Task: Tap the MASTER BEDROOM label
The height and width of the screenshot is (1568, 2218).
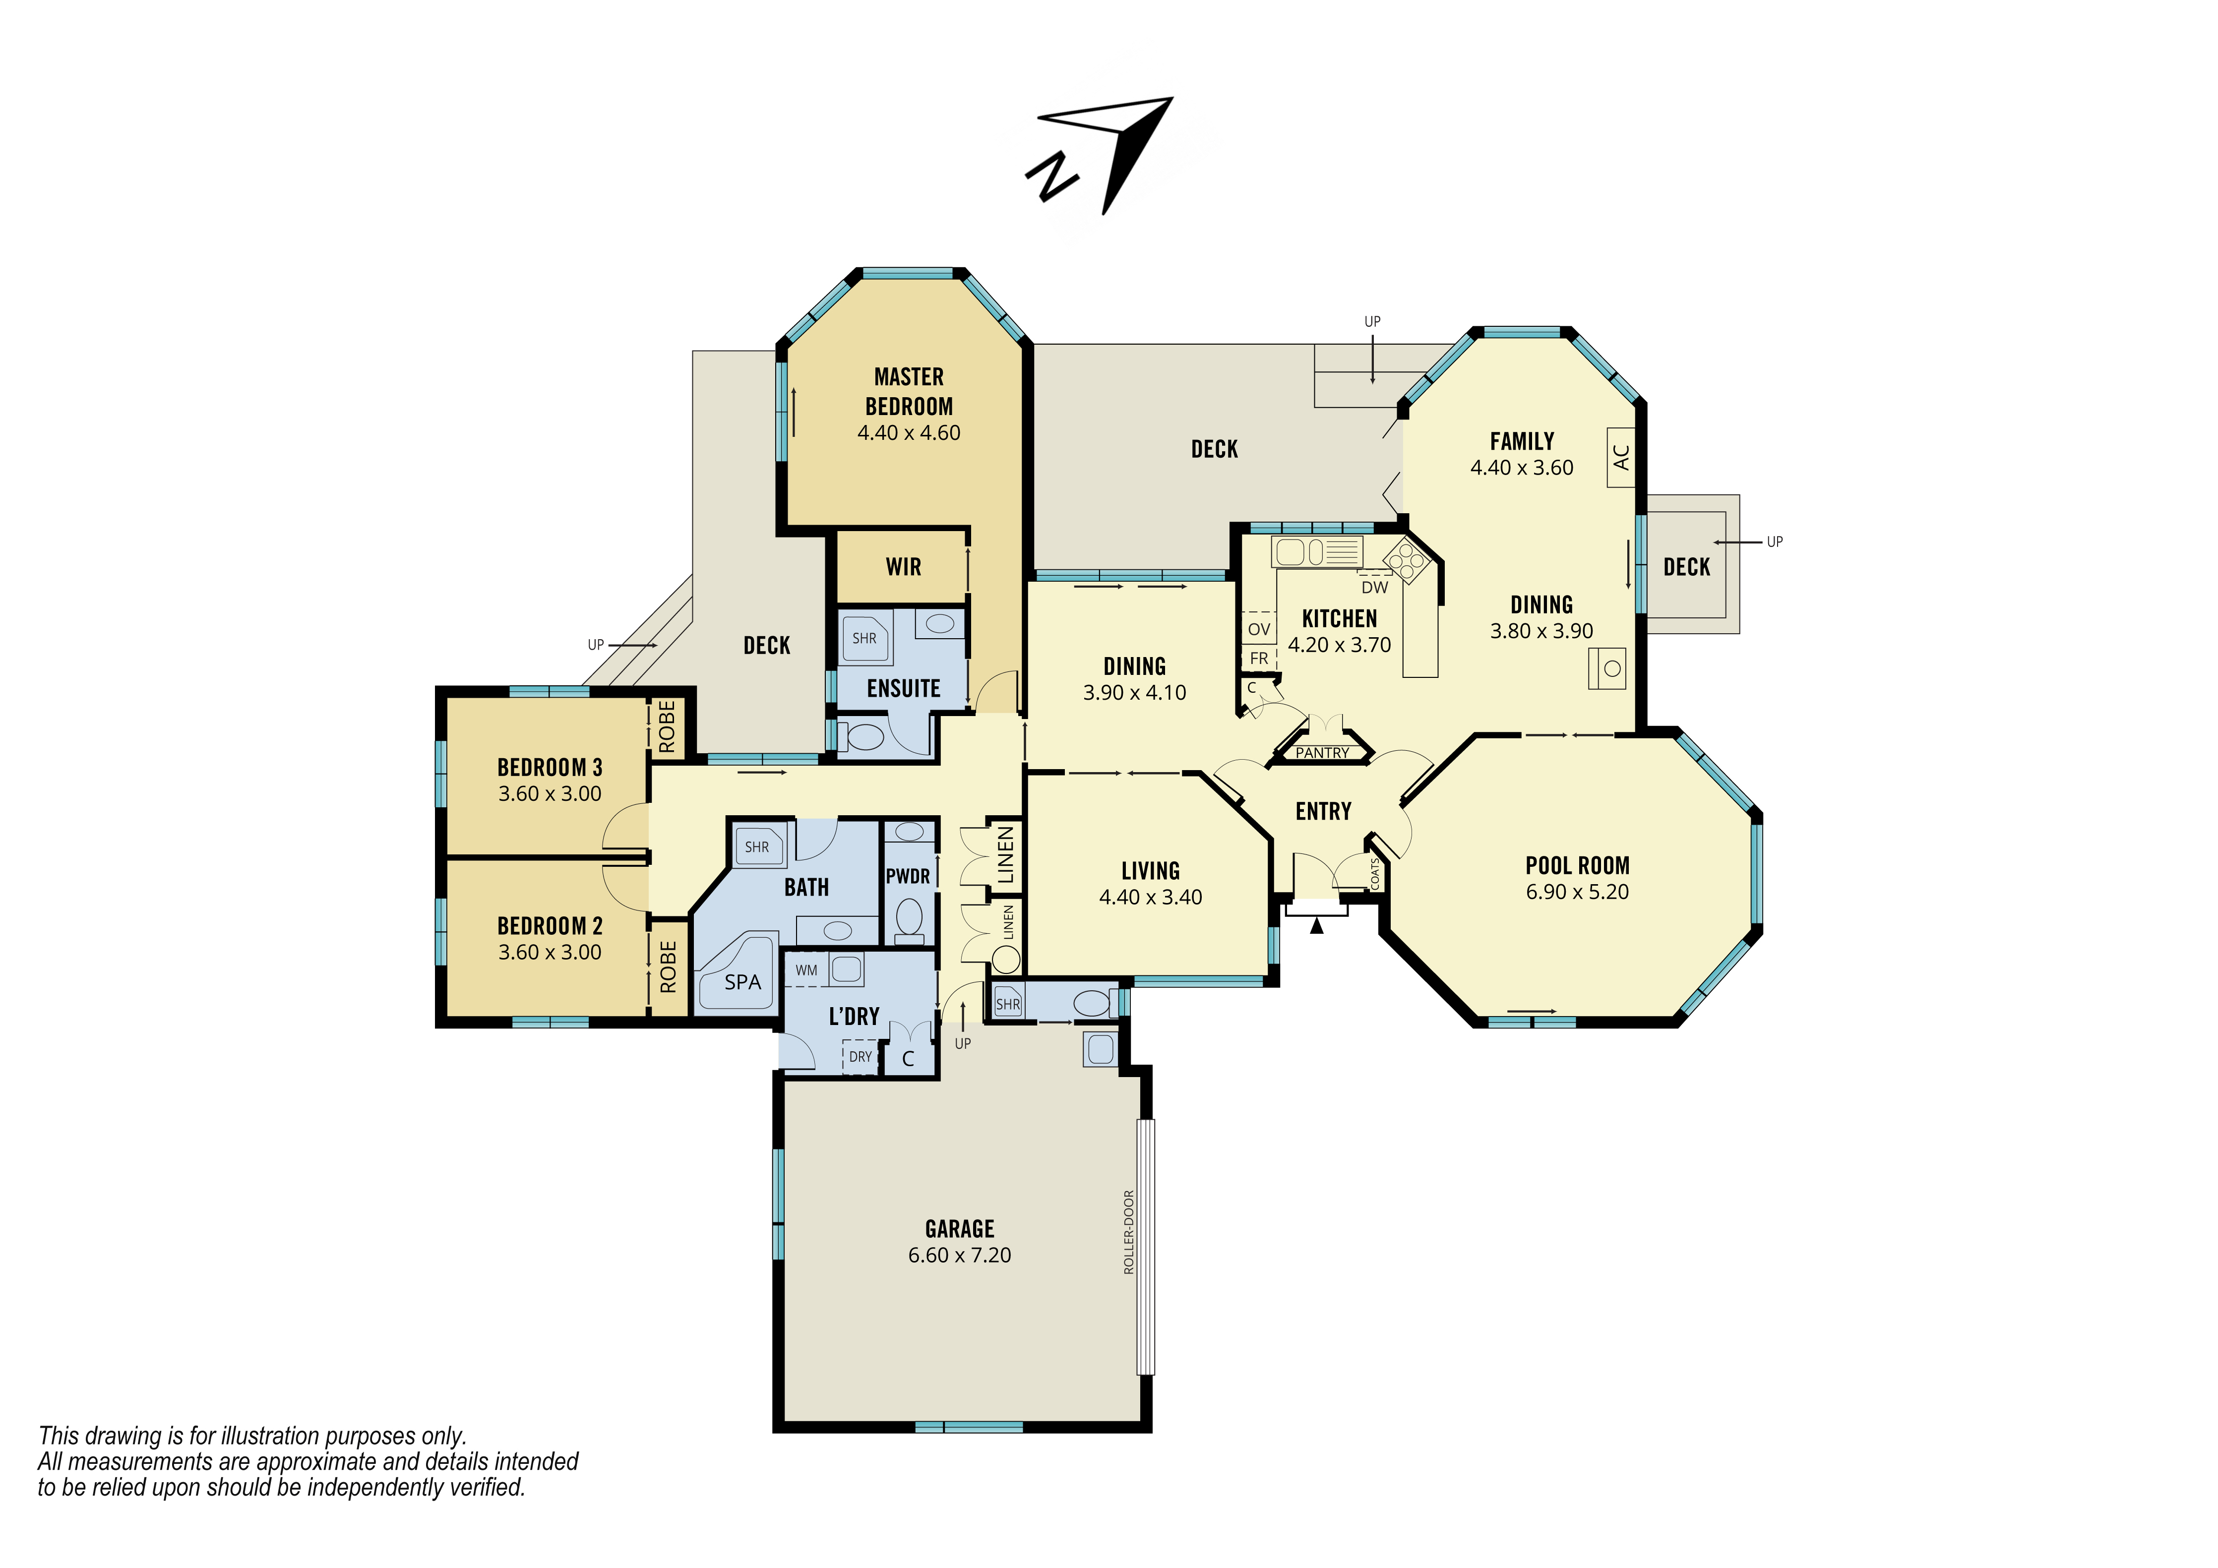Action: click(x=909, y=391)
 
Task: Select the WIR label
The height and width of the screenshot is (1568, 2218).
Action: click(x=903, y=567)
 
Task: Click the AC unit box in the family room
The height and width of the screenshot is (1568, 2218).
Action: click(x=1621, y=457)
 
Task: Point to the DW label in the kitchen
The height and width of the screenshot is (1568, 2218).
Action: click(x=1375, y=588)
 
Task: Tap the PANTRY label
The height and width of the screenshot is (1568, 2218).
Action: click(x=1322, y=753)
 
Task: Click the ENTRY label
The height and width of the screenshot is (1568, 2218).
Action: click(x=1323, y=812)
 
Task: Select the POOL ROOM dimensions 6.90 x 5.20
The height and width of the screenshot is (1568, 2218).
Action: click(x=1578, y=892)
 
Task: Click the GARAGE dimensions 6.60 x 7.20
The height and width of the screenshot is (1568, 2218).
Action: click(x=959, y=1255)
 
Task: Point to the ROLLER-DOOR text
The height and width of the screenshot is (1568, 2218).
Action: click(x=1128, y=1232)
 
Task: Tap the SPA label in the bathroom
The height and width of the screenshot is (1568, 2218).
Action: click(x=743, y=982)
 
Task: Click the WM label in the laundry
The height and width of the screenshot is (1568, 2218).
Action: click(x=806, y=970)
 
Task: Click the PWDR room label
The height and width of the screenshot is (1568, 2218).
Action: click(x=908, y=876)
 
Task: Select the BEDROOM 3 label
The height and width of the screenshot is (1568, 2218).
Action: click(x=550, y=768)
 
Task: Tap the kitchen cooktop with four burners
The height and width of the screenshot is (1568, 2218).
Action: click(x=1406, y=560)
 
